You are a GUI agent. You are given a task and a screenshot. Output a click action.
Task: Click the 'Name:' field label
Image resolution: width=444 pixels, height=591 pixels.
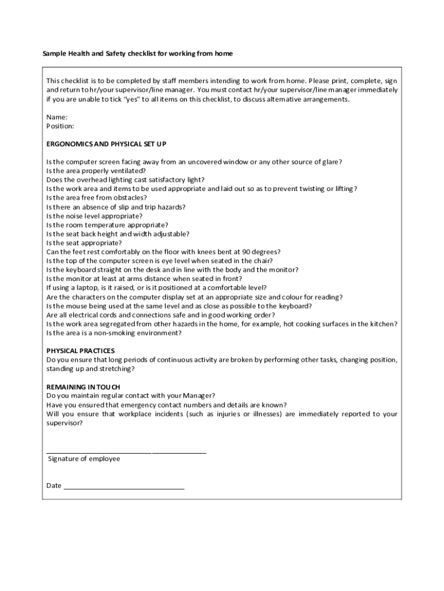[57, 117]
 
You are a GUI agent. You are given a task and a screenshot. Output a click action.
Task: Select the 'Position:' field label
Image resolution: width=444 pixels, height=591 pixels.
[60, 126]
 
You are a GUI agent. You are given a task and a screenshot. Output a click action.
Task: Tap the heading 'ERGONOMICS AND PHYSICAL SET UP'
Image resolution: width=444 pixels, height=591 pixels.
[106, 144]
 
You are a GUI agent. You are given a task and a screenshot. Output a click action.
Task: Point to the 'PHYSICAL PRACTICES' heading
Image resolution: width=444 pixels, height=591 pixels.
[80, 351]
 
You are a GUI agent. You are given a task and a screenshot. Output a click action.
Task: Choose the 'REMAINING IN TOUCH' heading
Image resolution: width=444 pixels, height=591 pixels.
[83, 387]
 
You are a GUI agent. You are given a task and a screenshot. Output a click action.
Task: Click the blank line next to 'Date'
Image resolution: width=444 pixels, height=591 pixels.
[124, 488]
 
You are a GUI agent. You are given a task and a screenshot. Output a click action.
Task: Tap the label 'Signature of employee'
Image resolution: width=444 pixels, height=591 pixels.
[84, 459]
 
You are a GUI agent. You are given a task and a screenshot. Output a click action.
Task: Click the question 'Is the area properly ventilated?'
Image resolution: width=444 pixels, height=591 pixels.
[96, 171]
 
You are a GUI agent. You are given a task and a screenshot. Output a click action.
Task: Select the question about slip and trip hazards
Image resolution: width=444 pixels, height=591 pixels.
[115, 207]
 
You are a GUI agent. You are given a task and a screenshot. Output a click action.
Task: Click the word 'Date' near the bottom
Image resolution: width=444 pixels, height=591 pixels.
[54, 485]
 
